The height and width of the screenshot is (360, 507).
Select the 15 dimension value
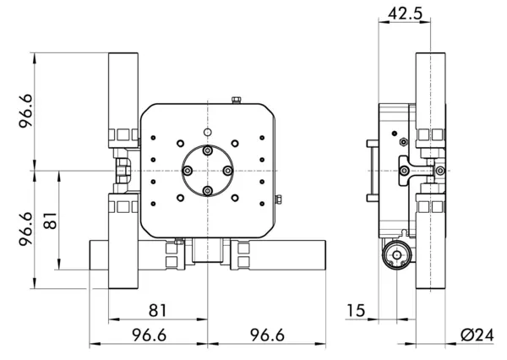(355, 311)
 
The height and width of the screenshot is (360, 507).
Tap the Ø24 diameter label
(477, 335)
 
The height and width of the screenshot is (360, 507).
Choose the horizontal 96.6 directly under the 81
(148, 335)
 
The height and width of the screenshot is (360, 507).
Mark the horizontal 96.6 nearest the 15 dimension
(267, 335)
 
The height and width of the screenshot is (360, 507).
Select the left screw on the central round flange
(187, 172)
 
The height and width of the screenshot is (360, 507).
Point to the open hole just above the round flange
(208, 132)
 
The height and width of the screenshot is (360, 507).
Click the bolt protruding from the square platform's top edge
(234, 100)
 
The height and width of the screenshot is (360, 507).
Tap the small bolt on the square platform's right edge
(278, 200)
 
